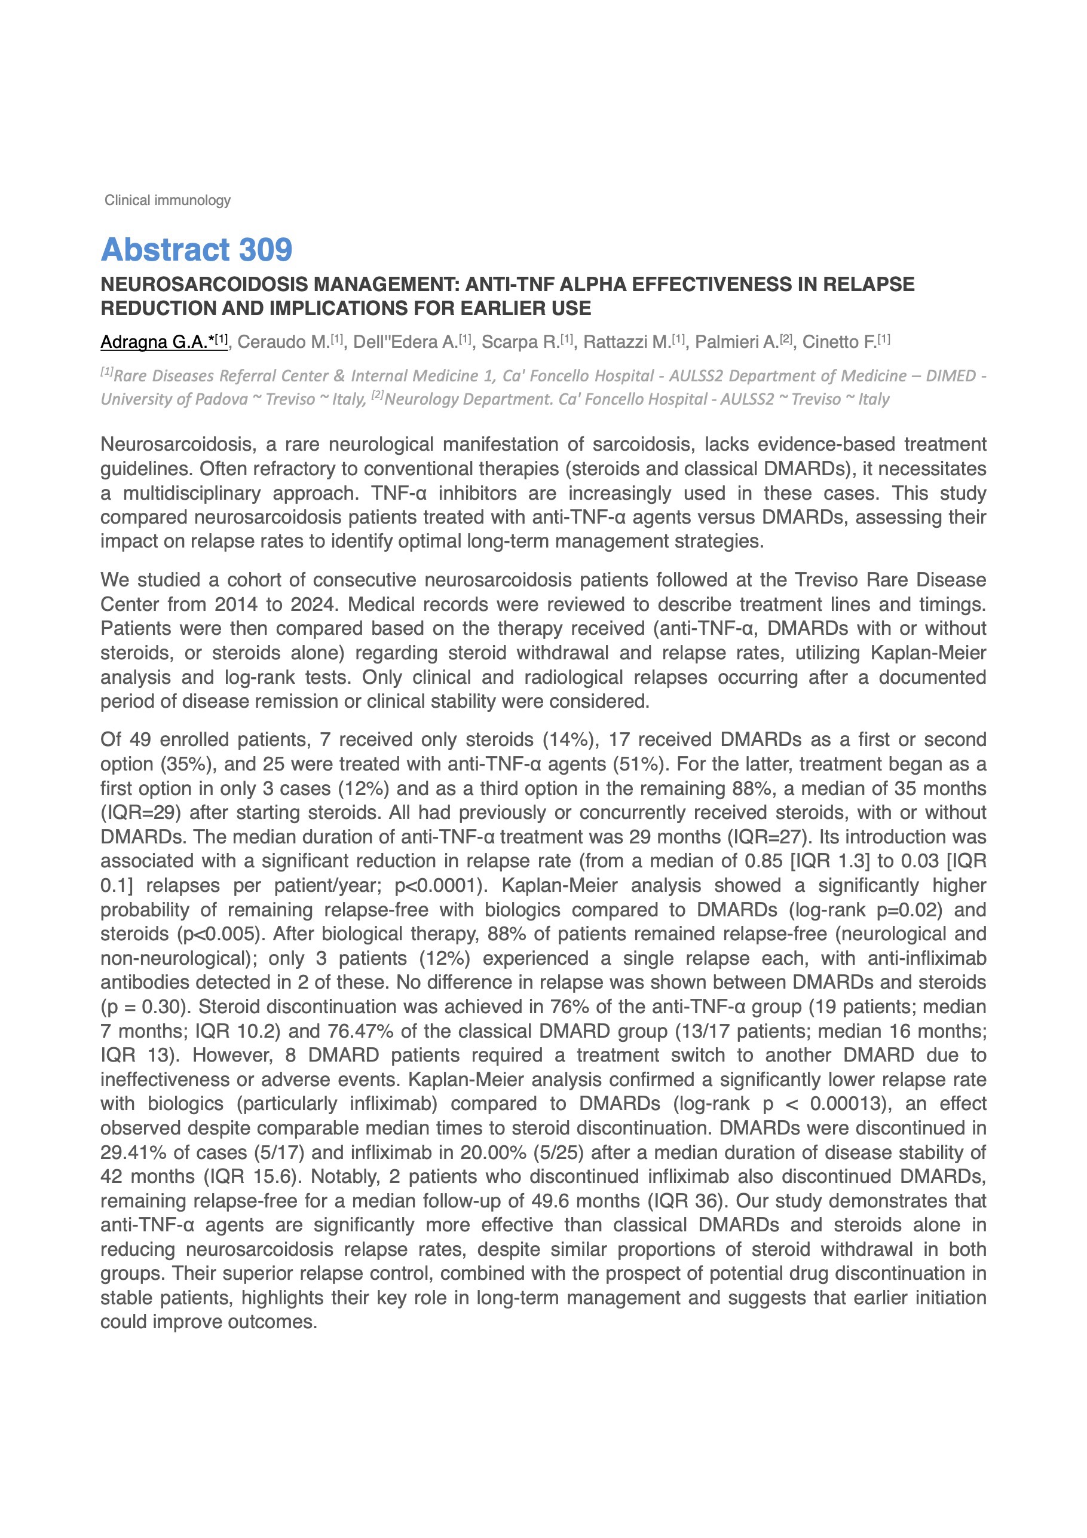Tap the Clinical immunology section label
tap(167, 200)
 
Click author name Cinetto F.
tap(839, 343)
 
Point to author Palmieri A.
tap(737, 343)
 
